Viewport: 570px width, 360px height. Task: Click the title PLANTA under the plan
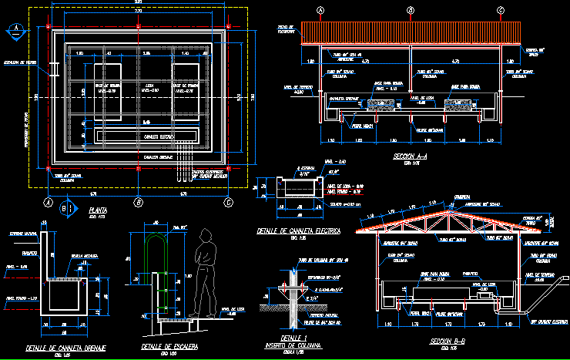98,210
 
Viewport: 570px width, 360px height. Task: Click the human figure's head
206,237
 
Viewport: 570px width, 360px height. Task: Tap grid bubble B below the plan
138,202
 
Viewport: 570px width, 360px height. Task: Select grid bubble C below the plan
228,202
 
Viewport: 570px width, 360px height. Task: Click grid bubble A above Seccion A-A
320,10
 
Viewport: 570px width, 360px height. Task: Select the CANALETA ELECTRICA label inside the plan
158,136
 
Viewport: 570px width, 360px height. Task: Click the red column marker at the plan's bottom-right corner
229,167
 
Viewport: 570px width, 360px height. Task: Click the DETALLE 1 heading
293,338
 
